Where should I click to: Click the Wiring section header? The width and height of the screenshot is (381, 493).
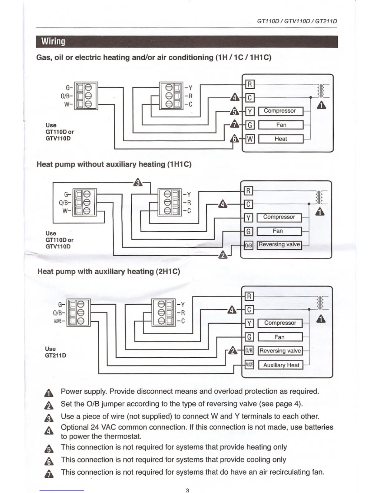point(54,41)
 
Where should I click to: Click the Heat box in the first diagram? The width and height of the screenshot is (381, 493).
point(281,139)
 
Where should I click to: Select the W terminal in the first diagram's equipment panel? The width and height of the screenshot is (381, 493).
point(250,139)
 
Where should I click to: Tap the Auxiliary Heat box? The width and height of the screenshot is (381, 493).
point(281,365)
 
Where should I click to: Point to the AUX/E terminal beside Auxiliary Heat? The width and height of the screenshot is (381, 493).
point(249,364)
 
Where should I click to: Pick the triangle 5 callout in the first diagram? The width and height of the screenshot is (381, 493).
point(234,111)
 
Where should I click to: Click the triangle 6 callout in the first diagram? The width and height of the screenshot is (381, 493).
point(234,139)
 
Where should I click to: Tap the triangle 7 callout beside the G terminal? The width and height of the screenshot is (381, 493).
point(234,124)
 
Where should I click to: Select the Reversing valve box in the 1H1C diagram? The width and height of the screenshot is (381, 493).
point(279,245)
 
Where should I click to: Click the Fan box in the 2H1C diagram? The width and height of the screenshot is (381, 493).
point(280,337)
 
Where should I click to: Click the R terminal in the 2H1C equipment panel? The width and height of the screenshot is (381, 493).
point(249,296)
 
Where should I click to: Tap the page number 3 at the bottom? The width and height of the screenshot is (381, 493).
point(187,490)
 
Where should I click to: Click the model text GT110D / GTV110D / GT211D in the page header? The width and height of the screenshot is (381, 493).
point(297,21)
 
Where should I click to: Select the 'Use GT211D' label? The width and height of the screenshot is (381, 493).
point(55,352)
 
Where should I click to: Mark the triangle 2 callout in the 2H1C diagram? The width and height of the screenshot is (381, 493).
point(233,351)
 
